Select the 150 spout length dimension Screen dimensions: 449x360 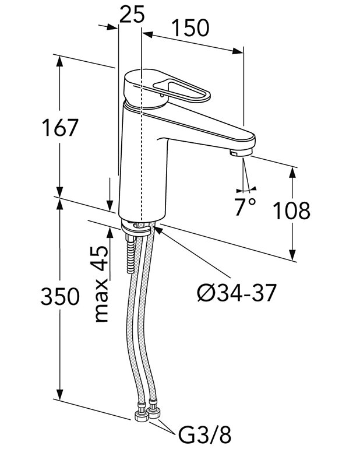click(x=190, y=27)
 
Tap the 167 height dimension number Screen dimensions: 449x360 click(x=59, y=127)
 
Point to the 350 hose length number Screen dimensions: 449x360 click(x=59, y=297)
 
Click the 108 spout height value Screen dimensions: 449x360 click(x=292, y=211)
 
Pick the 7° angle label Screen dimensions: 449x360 click(x=245, y=207)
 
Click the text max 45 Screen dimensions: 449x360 click(x=101, y=284)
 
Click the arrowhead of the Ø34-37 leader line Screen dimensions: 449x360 click(x=158, y=230)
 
